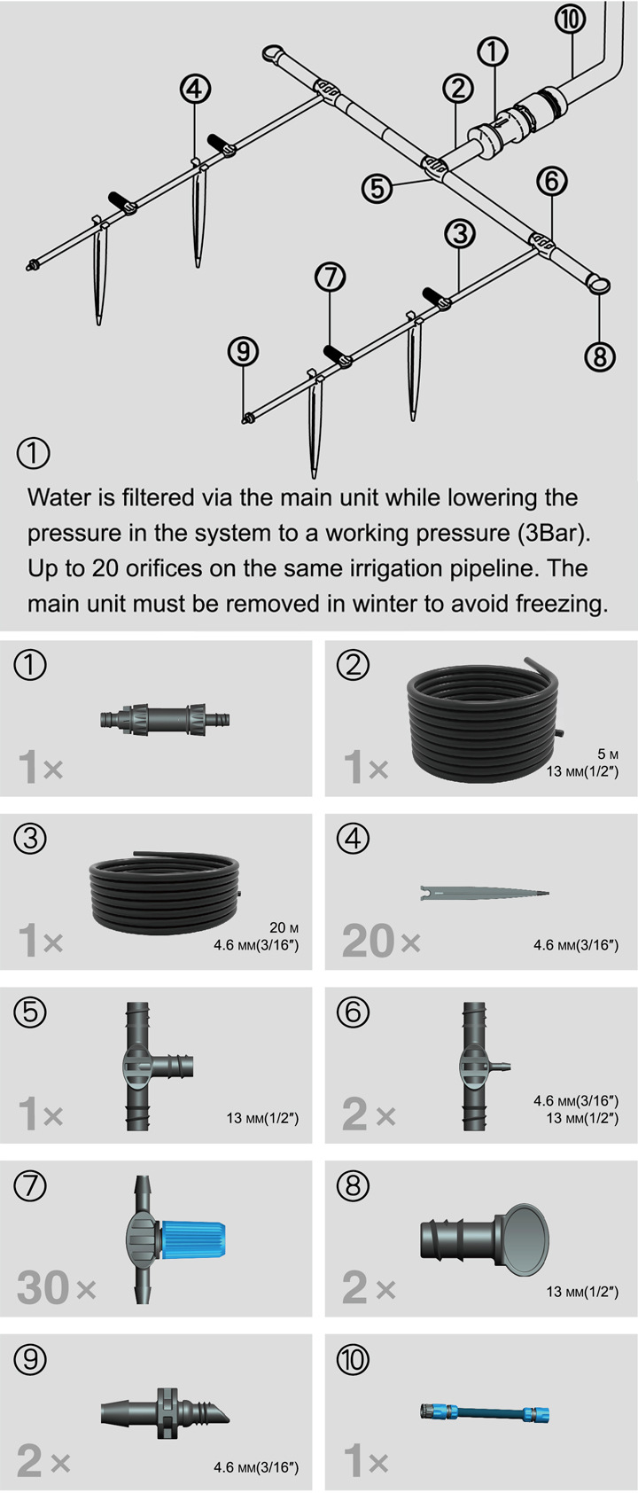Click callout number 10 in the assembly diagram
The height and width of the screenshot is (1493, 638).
[x=570, y=20]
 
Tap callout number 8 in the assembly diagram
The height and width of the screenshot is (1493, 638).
[x=599, y=356]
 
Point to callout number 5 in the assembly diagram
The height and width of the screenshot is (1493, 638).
[x=377, y=188]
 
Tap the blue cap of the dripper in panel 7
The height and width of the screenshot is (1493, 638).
[x=193, y=1239]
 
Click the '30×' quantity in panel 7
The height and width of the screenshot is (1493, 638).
[x=57, y=1287]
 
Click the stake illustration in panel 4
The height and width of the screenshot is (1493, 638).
[x=485, y=892]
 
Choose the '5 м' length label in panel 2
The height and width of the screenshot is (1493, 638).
[x=608, y=754]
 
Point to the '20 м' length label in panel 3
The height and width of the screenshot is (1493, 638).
[x=284, y=927]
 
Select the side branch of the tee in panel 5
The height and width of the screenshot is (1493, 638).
[x=175, y=1067]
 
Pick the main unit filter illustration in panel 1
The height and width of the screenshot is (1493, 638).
[x=165, y=719]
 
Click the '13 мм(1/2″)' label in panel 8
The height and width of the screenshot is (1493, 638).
[x=583, y=1291]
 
